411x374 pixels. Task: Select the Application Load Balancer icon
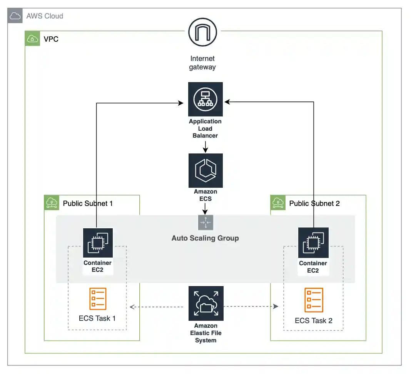click(x=205, y=99)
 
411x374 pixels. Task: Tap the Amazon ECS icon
click(x=205, y=170)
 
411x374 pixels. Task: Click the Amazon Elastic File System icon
click(x=205, y=303)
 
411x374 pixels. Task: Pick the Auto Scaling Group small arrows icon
click(x=205, y=222)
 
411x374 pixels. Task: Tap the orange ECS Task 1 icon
click(x=97, y=299)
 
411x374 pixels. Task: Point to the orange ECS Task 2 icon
click(x=314, y=300)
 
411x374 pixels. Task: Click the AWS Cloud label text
click(x=45, y=16)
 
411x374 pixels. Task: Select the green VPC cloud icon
click(x=33, y=39)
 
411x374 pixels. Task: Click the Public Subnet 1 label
click(x=88, y=203)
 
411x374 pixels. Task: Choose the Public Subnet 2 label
click(x=314, y=203)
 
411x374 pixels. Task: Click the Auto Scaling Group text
click(x=205, y=238)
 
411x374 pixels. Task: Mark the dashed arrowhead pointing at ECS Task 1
click(x=132, y=307)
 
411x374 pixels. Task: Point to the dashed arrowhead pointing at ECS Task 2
click(x=276, y=307)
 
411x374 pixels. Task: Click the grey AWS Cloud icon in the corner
click(x=15, y=16)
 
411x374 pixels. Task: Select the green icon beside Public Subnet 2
click(x=278, y=202)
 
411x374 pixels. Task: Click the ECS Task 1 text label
click(x=97, y=318)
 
